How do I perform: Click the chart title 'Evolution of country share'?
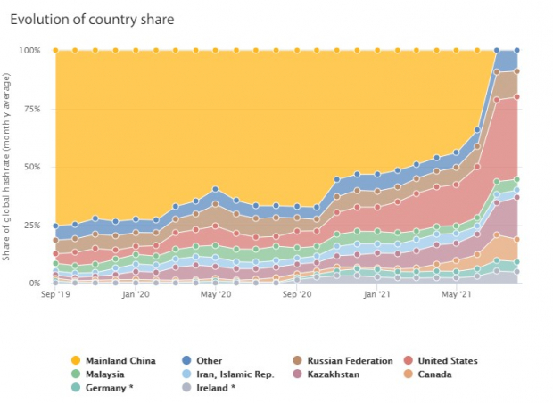pos(92,20)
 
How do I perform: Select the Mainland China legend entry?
pos(113,361)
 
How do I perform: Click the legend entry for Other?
pos(202,361)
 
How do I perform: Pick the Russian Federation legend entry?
pos(343,361)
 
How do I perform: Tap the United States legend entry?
pos(441,361)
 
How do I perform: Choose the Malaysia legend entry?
pos(98,374)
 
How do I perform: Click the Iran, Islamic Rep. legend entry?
pos(227,374)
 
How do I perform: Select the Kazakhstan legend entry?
pos(326,374)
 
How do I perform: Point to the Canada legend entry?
pos(428,374)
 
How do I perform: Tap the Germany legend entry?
pos(103,388)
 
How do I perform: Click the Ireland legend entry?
pos(209,388)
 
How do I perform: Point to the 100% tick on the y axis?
pos(29,51)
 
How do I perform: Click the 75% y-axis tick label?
pos(32,109)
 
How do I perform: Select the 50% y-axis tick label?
pos(32,167)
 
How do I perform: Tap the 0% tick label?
pos(35,283)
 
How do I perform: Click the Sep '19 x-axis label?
pos(55,294)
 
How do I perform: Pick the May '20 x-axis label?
pos(216,294)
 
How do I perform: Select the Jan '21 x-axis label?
pos(377,294)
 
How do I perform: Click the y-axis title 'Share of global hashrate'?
pos(6,167)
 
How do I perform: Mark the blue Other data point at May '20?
pos(215,189)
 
